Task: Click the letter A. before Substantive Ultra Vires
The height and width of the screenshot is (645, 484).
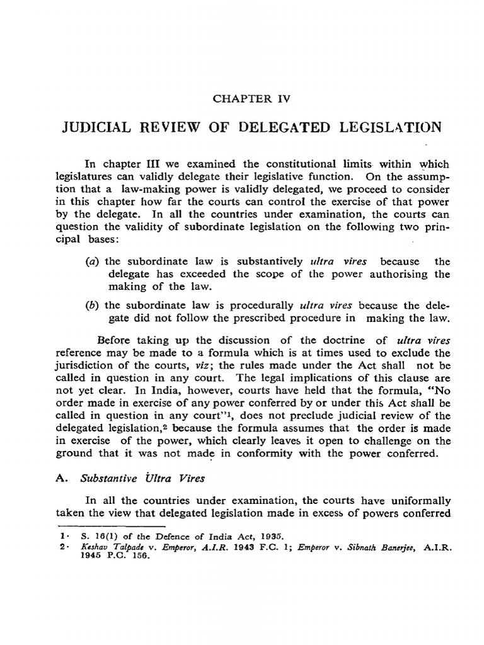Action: (60, 478)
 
